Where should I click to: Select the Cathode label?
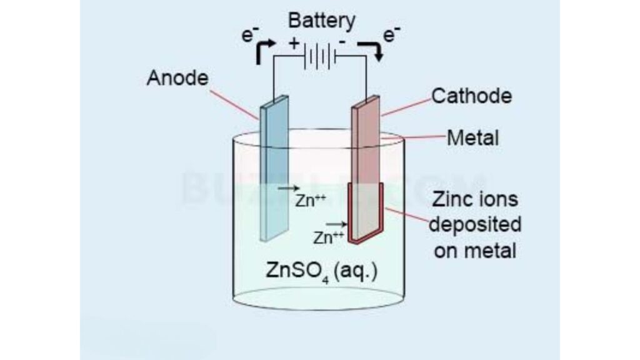click(472, 96)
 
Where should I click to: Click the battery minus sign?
click(342, 42)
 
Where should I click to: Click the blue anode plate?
click(274, 169)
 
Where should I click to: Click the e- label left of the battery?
click(248, 34)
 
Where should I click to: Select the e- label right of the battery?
click(391, 35)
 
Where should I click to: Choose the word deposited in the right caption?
click(477, 225)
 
